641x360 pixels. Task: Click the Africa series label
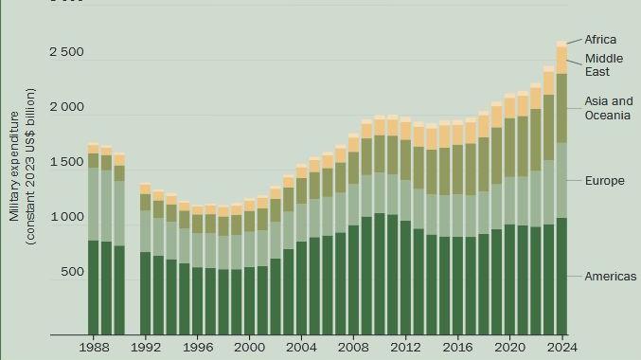[x=600, y=40]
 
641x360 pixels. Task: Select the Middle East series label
[x=603, y=65]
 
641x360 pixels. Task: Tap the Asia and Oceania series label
[x=608, y=108]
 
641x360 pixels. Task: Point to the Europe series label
[x=604, y=180]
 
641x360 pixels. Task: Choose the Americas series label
[x=610, y=276]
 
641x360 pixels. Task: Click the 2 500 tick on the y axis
[x=66, y=52]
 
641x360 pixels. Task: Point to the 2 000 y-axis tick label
[x=66, y=107]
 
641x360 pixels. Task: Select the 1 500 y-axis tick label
[x=66, y=162]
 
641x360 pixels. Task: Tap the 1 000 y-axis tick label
[x=66, y=217]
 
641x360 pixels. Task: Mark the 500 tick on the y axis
[x=73, y=272]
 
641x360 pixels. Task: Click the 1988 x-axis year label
[x=93, y=348]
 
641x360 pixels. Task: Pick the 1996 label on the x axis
[x=197, y=348]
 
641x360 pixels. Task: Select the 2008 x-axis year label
[x=353, y=348]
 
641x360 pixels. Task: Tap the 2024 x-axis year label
[x=561, y=348]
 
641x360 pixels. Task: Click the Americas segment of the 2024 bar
[x=561, y=276]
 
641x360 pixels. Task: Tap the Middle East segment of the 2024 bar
[x=561, y=60]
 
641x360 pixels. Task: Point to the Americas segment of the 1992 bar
[x=145, y=293]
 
